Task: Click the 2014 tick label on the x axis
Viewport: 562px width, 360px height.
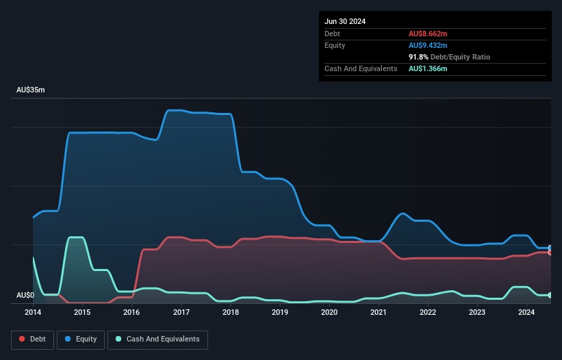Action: (x=33, y=312)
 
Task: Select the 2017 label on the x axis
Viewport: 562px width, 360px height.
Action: (x=181, y=312)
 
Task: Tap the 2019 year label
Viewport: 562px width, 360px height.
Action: (x=280, y=312)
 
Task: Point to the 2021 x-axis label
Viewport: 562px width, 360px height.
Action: (x=379, y=312)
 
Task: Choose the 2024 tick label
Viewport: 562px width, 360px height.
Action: (x=526, y=312)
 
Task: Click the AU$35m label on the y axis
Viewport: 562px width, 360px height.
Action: (x=30, y=90)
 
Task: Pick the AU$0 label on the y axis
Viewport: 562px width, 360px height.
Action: (x=25, y=295)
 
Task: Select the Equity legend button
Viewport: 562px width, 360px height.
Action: (x=81, y=339)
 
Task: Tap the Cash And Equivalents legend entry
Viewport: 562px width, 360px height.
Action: (x=157, y=339)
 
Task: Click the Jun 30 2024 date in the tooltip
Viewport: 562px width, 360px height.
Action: (x=345, y=21)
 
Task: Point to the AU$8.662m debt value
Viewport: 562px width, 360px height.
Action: (x=428, y=34)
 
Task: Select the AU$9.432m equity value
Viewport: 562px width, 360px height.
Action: (x=428, y=45)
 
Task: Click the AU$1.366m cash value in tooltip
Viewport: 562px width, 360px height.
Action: (x=428, y=69)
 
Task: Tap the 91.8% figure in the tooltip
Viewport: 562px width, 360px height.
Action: (x=418, y=57)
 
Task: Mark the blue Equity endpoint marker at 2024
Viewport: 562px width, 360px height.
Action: (x=550, y=248)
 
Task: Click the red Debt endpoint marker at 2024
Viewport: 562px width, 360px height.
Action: (x=550, y=253)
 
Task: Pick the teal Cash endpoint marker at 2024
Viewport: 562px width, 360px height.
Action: (x=550, y=295)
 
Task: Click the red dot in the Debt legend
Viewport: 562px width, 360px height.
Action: (x=22, y=339)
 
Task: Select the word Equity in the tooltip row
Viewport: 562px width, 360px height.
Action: (x=335, y=45)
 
